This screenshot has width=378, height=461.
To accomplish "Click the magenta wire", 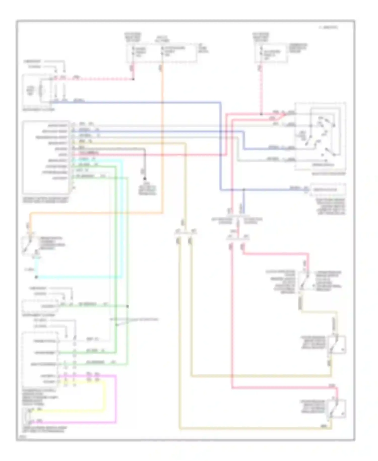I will [x=116, y=398].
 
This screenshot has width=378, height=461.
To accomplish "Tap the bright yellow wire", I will [x=103, y=396].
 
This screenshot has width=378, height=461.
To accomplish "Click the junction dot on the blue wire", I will [x=243, y=189].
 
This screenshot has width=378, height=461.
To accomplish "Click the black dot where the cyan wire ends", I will [x=36, y=277].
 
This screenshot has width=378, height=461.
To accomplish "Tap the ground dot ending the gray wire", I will [x=145, y=179].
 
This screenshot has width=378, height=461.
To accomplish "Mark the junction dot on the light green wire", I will [x=127, y=306].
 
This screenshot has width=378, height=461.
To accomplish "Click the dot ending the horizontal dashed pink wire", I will [x=133, y=79].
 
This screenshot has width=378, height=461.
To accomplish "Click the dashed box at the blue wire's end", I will [x=328, y=190].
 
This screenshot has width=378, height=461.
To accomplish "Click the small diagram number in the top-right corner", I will [x=328, y=27].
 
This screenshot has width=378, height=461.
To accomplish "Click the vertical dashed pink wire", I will [x=261, y=91].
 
